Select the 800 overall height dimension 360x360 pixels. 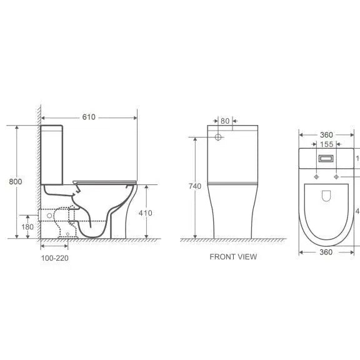[x=16, y=181]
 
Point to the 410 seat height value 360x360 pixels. [x=145, y=212]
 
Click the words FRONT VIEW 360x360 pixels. [x=232, y=256]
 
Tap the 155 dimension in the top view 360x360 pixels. [x=326, y=144]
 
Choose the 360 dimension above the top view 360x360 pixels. [x=326, y=134]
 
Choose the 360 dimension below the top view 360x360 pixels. [x=326, y=252]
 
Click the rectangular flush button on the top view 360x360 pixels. [x=326, y=159]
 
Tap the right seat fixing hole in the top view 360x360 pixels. [x=337, y=177]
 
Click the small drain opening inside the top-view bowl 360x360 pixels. [x=326, y=199]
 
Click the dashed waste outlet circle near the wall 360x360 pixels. [x=47, y=215]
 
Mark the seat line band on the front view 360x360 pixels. [x=232, y=182]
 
